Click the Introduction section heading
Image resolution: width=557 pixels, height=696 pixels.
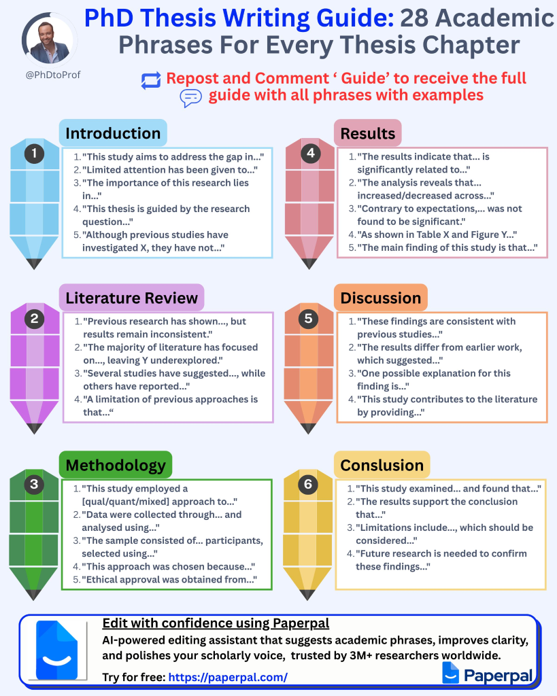tap(113, 133)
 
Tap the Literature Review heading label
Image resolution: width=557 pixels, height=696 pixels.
tap(131, 298)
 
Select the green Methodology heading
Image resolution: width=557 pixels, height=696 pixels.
tap(116, 465)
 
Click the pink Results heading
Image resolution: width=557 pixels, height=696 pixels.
tap(368, 133)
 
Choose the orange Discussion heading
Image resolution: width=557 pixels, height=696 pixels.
tap(381, 298)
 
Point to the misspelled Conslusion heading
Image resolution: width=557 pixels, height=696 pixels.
tap(382, 465)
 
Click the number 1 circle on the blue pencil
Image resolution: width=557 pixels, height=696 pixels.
tap(35, 154)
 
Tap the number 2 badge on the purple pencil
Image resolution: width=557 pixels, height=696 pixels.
tap(35, 319)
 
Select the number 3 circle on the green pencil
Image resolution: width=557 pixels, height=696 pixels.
tap(35, 484)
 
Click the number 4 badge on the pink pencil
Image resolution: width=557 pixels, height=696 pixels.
tap(310, 154)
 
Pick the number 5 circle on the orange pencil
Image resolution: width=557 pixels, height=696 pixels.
tap(309, 317)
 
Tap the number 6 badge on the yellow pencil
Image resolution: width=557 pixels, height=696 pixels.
tap(309, 484)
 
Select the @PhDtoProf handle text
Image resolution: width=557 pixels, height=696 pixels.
tap(53, 75)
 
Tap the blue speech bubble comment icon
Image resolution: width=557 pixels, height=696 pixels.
tap(190, 99)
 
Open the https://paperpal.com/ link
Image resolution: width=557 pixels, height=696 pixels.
tap(227, 677)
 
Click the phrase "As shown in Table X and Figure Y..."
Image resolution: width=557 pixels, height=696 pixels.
tap(437, 234)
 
